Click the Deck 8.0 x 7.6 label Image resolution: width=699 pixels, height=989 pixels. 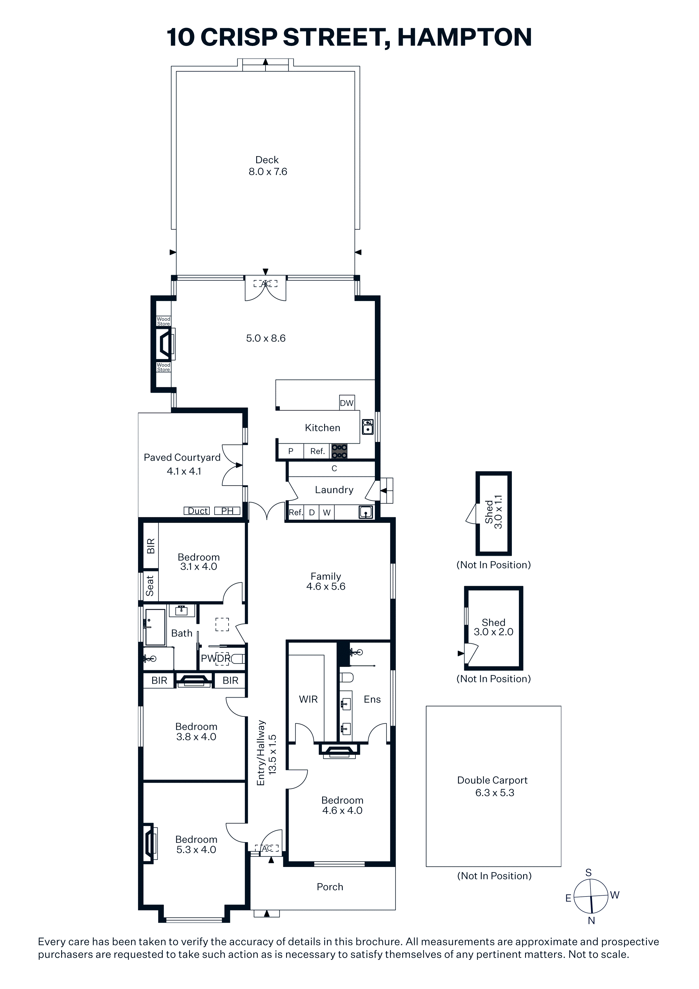267,166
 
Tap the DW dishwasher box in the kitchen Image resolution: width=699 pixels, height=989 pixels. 347,402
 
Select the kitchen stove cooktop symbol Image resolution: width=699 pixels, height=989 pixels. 339,451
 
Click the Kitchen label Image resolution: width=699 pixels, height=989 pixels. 322,428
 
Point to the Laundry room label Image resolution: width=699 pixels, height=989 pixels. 334,490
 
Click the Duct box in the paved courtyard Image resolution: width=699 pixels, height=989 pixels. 197,511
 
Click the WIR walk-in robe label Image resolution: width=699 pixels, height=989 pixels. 308,699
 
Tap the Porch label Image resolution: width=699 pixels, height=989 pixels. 330,886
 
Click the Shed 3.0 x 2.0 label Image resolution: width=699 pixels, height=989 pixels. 494,627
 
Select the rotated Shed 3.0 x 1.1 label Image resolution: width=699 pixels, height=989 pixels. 494,512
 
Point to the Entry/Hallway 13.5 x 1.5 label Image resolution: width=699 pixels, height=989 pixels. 267,752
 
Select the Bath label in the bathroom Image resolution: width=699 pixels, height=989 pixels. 182,633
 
